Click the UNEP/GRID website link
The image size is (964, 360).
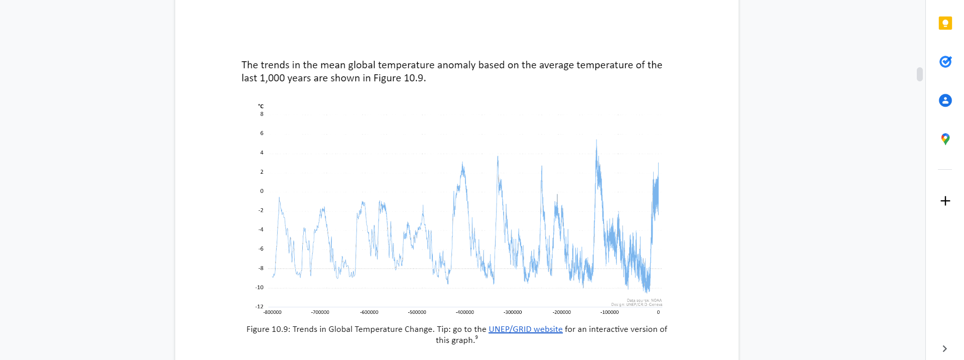click(x=525, y=329)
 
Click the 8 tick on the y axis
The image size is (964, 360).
click(x=262, y=114)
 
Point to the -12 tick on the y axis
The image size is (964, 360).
click(x=259, y=306)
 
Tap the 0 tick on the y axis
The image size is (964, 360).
click(x=262, y=191)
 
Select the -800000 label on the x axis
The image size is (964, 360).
click(x=273, y=312)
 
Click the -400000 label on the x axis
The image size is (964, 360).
click(x=464, y=312)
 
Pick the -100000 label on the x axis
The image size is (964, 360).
click(x=610, y=312)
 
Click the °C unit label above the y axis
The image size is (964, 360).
click(x=261, y=106)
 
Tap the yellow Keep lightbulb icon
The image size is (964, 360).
click(x=945, y=23)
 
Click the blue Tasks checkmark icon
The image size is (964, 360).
click(x=945, y=62)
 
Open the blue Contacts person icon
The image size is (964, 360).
click(x=945, y=100)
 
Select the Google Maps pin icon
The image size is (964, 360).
click(x=945, y=139)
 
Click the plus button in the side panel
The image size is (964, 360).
click(x=945, y=201)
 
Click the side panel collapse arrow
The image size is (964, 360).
click(x=944, y=348)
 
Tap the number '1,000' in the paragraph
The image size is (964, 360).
click(x=272, y=78)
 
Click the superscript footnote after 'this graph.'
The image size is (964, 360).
click(x=476, y=338)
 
